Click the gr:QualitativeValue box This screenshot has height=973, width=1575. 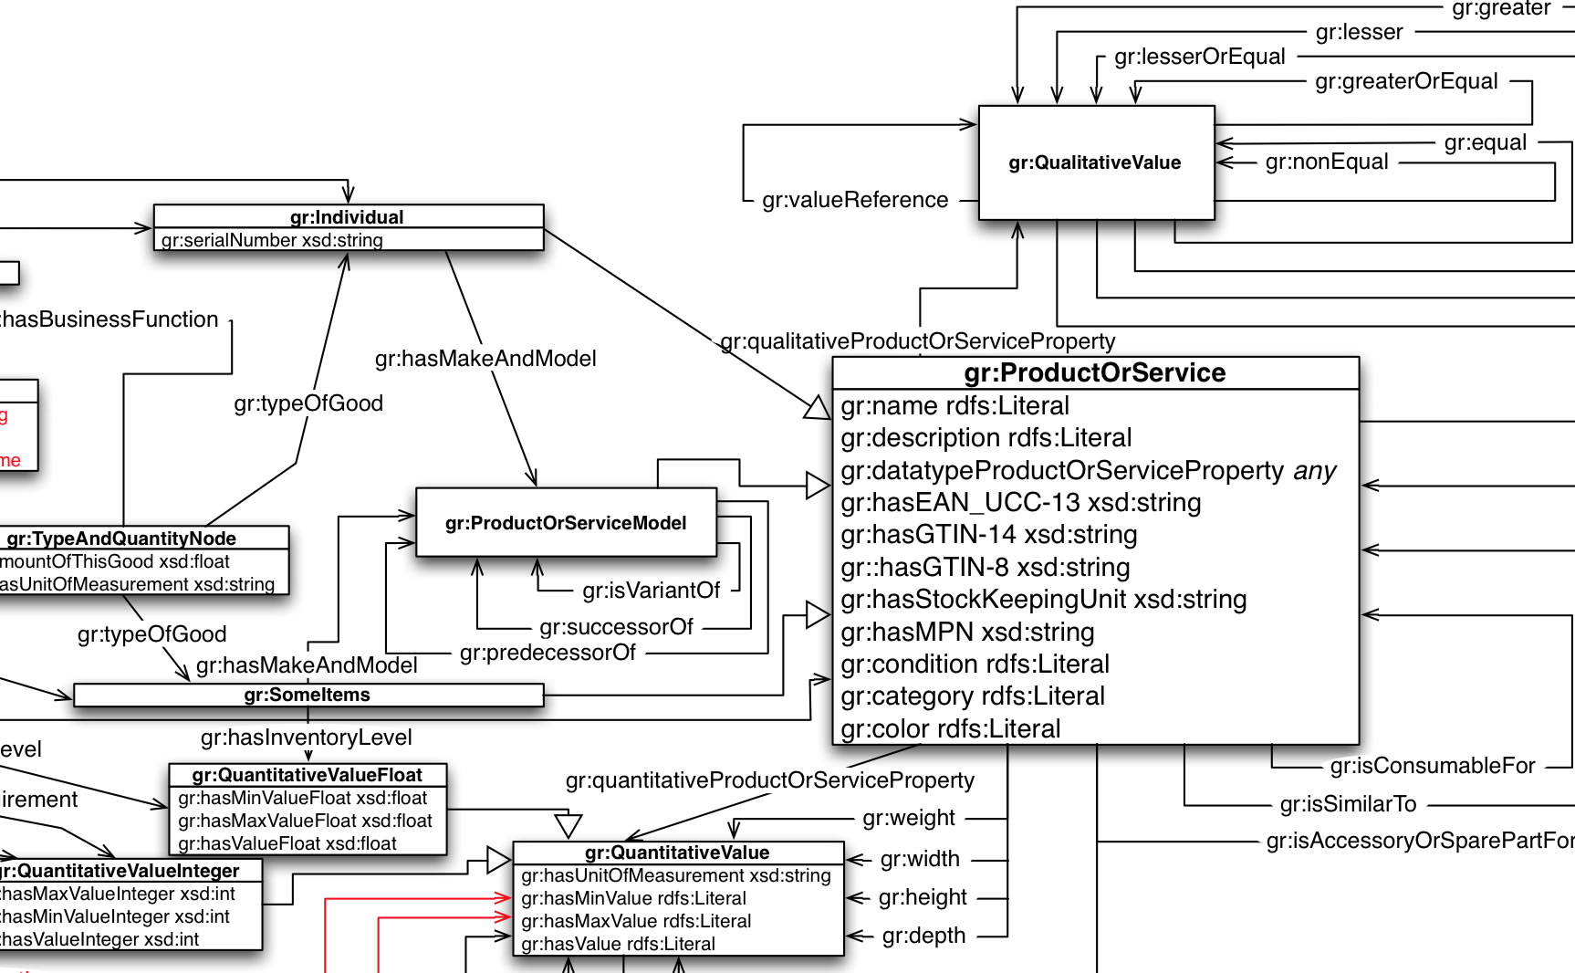(x=1095, y=162)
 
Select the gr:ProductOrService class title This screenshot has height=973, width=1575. (x=1095, y=372)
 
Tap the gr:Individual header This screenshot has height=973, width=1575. (x=347, y=217)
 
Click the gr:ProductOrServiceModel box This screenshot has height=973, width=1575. (x=566, y=523)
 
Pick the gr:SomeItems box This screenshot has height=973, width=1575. (x=308, y=695)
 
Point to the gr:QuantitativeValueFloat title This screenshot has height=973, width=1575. (x=308, y=775)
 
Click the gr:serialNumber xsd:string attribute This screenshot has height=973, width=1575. (x=272, y=240)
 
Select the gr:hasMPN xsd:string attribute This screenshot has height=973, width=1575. (x=967, y=632)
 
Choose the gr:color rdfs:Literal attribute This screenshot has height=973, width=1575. (x=951, y=728)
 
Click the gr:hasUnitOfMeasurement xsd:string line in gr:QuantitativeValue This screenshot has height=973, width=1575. (x=676, y=875)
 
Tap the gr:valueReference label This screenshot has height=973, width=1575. (x=855, y=200)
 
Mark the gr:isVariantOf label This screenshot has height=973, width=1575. (x=652, y=591)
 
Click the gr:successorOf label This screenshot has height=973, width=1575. (x=616, y=627)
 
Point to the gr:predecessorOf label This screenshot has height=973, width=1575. (x=548, y=653)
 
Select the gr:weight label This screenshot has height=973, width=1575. (x=909, y=818)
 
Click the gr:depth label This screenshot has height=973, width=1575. (x=923, y=936)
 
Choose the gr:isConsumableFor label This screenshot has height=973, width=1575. (x=1433, y=766)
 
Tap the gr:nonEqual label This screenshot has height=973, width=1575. (x=1327, y=162)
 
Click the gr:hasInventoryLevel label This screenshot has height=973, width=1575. (x=307, y=738)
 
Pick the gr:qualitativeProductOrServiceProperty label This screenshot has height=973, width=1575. (x=918, y=341)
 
